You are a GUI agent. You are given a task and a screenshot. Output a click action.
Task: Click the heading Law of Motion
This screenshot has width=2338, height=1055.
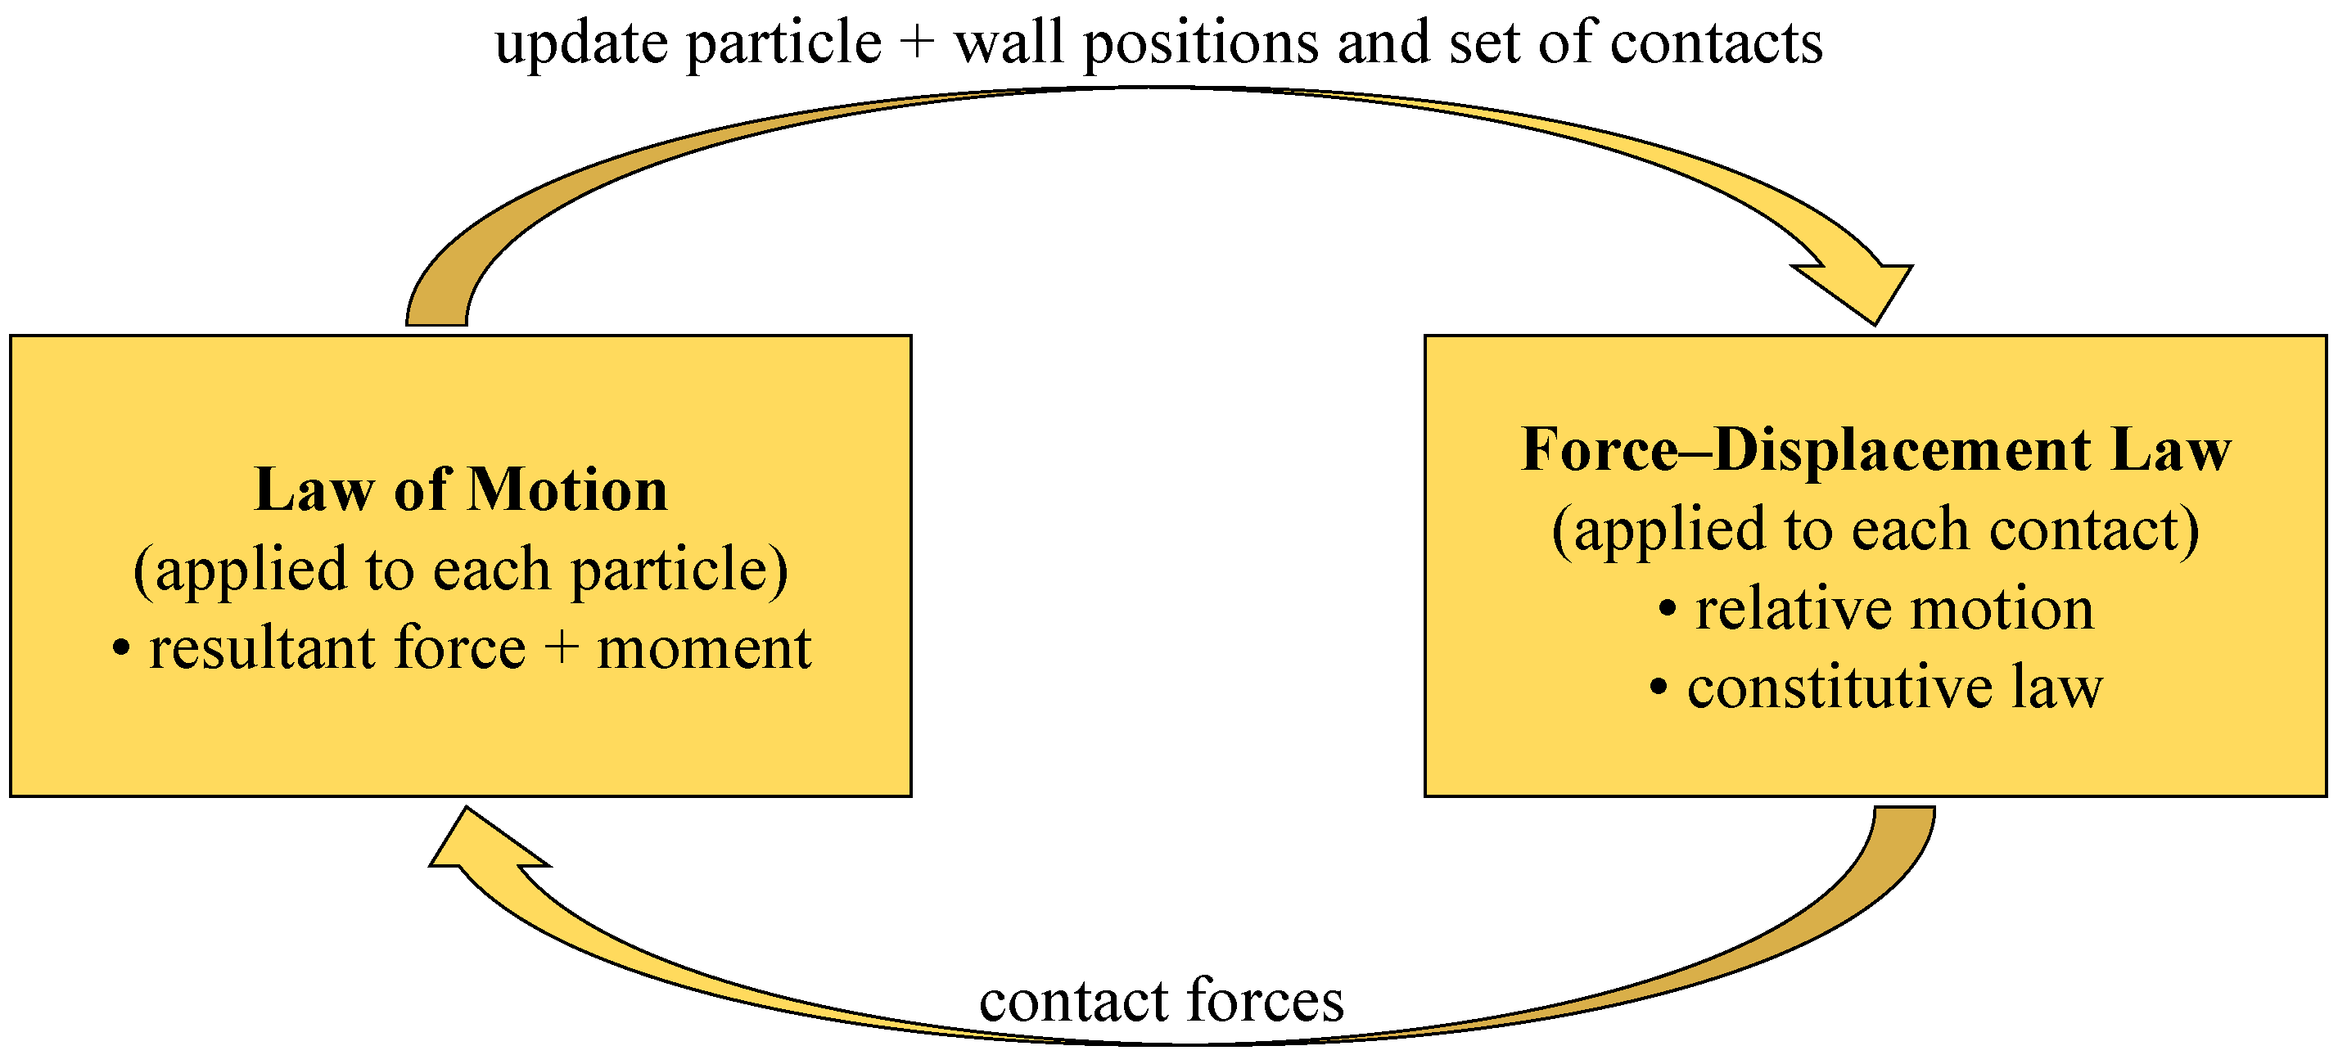[x=461, y=491]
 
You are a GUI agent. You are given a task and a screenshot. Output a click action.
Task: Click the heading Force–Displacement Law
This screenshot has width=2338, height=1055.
[x=1875, y=450]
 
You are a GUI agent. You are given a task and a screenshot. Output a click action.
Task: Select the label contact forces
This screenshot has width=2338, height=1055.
[x=1161, y=1000]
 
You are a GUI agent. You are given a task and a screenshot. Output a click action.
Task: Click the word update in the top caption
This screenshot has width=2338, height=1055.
[x=581, y=43]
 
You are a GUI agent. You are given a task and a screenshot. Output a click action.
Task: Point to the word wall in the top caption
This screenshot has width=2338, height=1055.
[x=1008, y=43]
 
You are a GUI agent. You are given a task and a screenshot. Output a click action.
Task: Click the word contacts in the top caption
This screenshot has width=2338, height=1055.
[x=1715, y=43]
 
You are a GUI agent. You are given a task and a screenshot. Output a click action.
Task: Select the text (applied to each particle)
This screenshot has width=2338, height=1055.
[x=461, y=570]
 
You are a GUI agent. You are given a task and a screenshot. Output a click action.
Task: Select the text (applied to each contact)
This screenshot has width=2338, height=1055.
[x=1875, y=530]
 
